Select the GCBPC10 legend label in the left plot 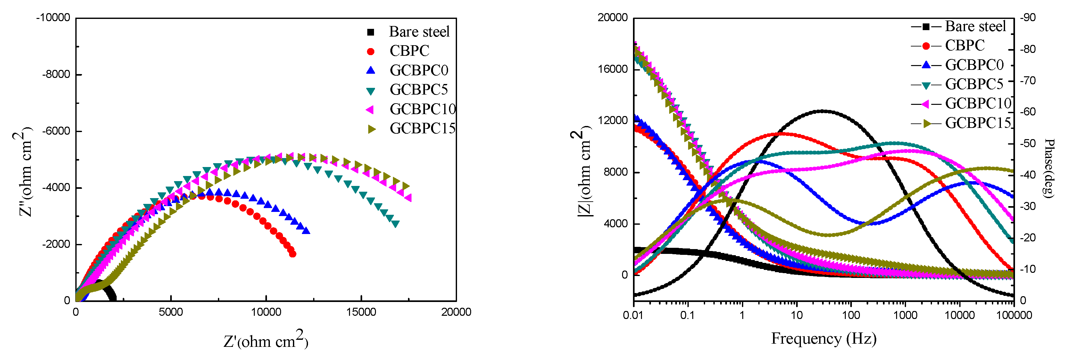(x=422, y=109)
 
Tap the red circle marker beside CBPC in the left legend (x=370, y=51)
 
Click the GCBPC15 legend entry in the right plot (x=978, y=123)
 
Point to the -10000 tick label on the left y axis (x=53, y=18)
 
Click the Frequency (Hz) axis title (x=824, y=339)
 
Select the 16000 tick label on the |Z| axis (x=613, y=69)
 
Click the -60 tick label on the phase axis (x=1028, y=112)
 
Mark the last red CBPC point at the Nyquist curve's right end (x=292, y=254)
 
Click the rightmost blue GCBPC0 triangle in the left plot (x=306, y=230)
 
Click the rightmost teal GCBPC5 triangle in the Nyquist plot (x=395, y=224)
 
